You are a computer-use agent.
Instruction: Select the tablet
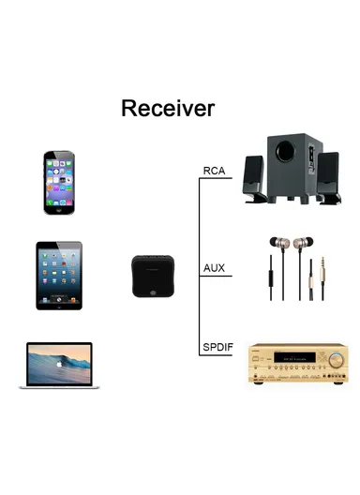(x=59, y=275)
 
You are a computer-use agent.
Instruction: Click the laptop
(x=60, y=366)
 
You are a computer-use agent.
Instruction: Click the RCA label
(x=214, y=171)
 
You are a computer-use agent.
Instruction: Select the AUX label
(x=214, y=268)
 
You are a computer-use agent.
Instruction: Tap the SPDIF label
(x=217, y=348)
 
